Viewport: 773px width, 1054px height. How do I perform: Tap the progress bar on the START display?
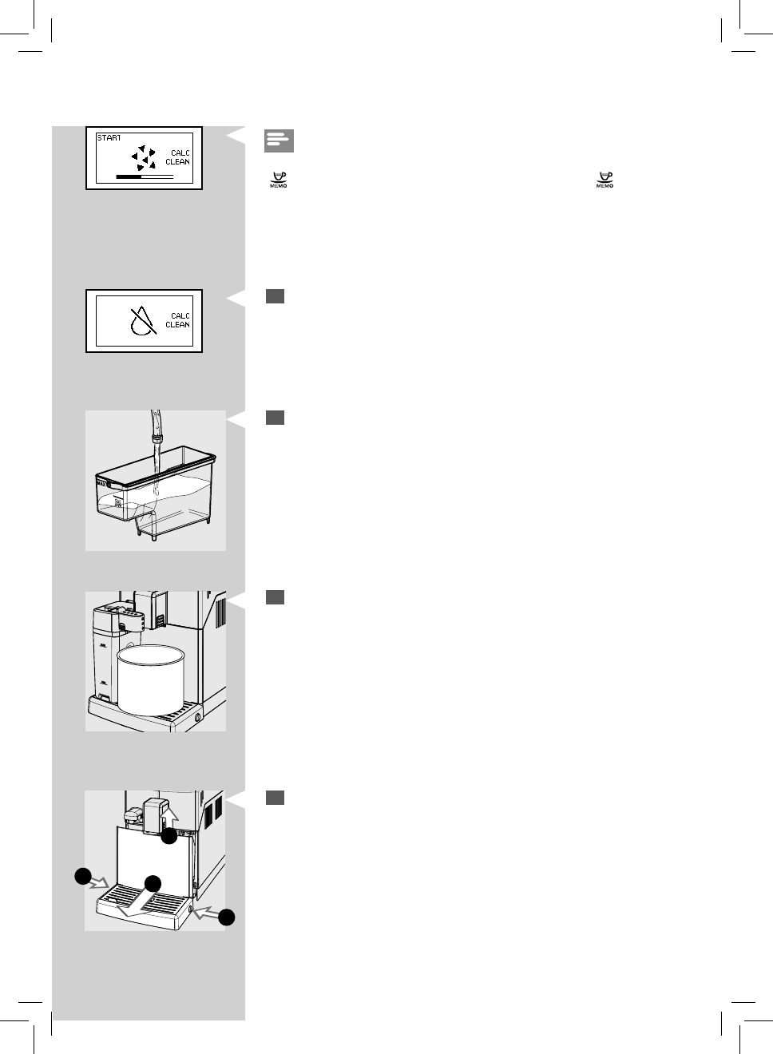(145, 176)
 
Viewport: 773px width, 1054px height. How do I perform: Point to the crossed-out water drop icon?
(142, 321)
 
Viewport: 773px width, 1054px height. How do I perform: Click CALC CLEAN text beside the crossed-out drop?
(178, 320)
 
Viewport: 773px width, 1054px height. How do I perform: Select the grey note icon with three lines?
(279, 141)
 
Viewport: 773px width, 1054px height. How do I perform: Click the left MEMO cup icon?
(279, 180)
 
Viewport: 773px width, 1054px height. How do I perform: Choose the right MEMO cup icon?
(605, 180)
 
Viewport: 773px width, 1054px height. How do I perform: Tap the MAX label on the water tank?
(101, 483)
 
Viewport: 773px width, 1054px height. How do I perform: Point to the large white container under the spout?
(151, 680)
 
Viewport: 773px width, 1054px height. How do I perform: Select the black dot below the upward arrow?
(168, 837)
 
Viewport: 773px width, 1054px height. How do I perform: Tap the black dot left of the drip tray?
(82, 876)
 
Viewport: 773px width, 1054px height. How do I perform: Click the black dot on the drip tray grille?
(153, 884)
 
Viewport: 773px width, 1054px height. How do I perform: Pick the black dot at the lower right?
(227, 917)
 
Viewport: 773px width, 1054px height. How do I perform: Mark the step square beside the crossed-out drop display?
(275, 296)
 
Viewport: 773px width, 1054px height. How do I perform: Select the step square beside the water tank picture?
(275, 418)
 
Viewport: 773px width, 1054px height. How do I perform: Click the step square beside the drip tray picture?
(275, 798)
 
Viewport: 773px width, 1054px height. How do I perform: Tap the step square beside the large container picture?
(275, 597)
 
